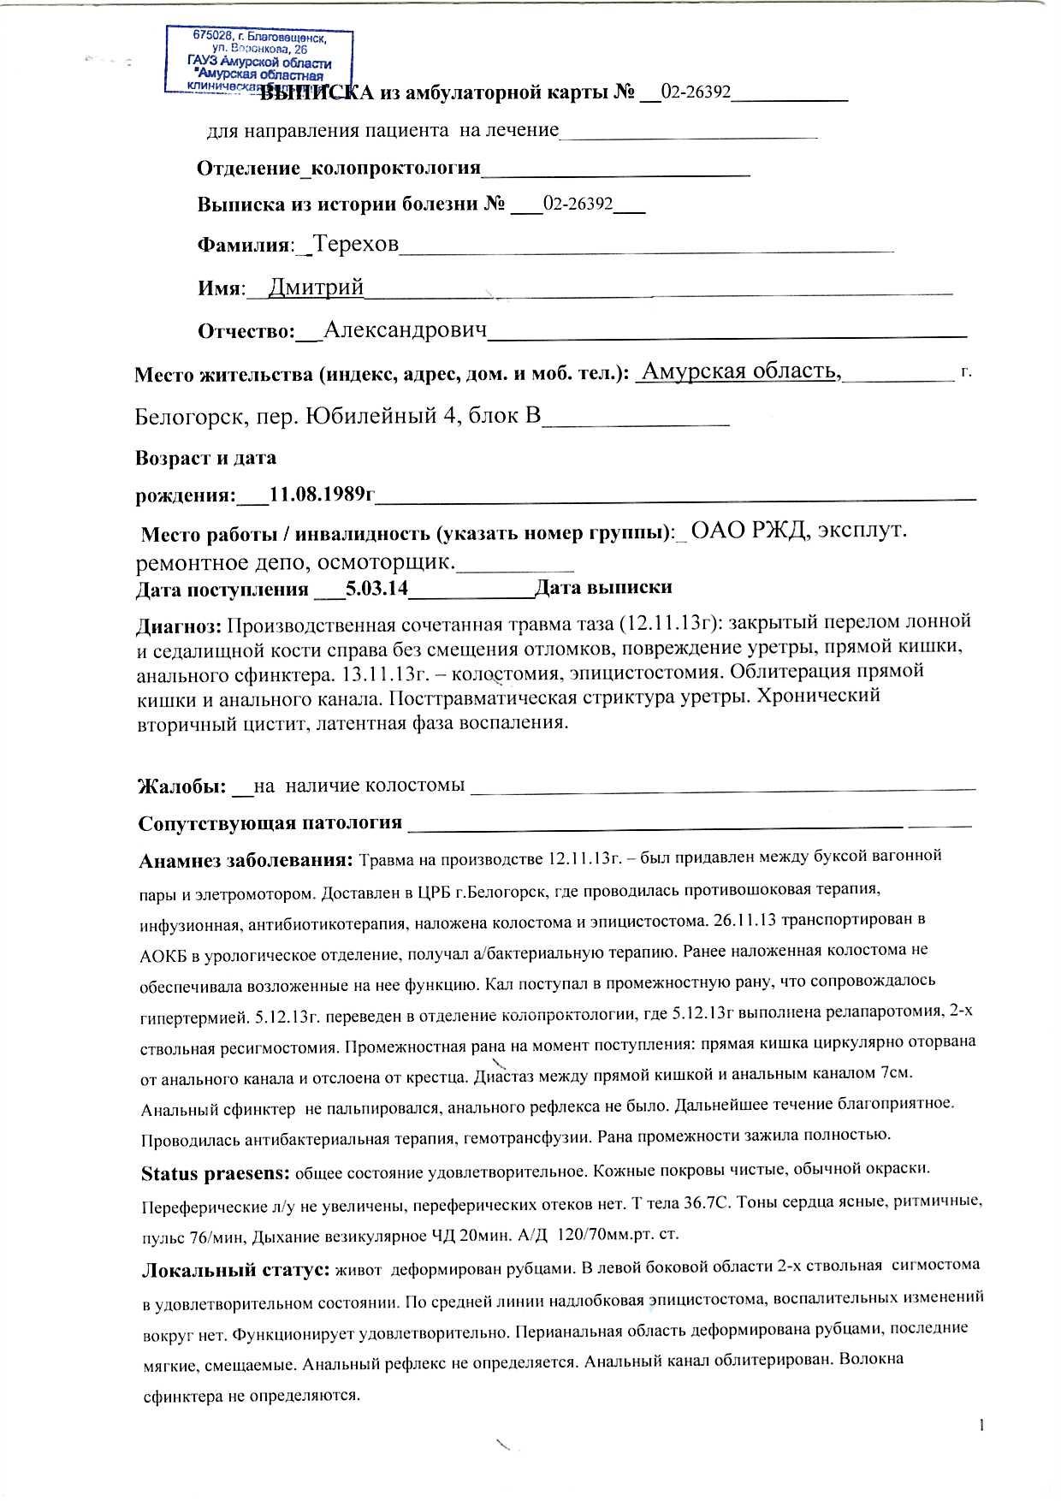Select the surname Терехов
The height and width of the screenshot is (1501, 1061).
point(355,245)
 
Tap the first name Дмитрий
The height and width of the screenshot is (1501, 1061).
point(316,288)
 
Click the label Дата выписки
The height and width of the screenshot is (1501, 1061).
point(603,587)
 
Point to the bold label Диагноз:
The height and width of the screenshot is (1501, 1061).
point(180,626)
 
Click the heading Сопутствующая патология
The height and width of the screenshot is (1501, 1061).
point(270,823)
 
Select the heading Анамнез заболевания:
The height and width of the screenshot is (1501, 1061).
point(246,859)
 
